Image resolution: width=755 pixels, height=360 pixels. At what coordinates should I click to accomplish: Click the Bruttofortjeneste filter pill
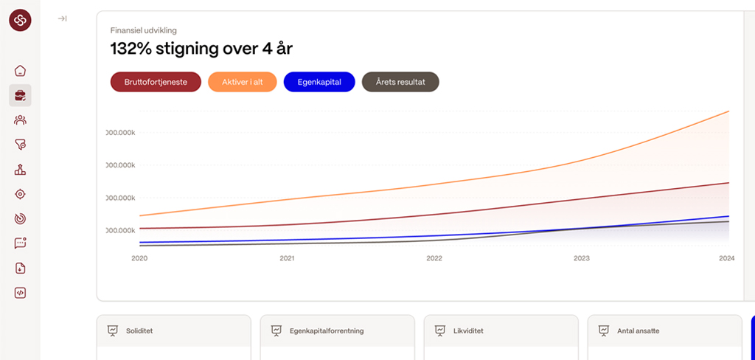pyautogui.click(x=156, y=82)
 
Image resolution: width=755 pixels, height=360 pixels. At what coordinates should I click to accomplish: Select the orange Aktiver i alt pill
pyautogui.click(x=243, y=82)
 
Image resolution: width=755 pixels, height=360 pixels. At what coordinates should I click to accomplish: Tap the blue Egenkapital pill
pyautogui.click(x=319, y=82)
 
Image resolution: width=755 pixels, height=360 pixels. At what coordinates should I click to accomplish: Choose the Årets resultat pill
pyautogui.click(x=400, y=82)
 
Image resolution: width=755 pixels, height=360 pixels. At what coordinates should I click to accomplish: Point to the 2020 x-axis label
pyautogui.click(x=139, y=258)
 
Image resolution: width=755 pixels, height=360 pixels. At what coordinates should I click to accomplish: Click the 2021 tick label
pyautogui.click(x=287, y=258)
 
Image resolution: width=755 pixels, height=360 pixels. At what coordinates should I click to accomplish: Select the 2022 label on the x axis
pyautogui.click(x=434, y=258)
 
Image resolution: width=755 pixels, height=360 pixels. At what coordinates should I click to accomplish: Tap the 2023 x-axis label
pyautogui.click(x=582, y=258)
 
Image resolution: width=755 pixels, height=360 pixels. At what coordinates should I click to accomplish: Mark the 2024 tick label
pyautogui.click(x=727, y=258)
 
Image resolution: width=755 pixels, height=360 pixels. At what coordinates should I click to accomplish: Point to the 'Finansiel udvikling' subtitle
pyautogui.click(x=143, y=30)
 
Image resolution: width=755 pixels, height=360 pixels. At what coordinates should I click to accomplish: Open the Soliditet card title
pyautogui.click(x=139, y=330)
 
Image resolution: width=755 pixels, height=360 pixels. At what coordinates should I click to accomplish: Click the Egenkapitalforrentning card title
pyautogui.click(x=327, y=330)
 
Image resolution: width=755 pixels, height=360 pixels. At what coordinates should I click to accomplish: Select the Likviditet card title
pyautogui.click(x=468, y=330)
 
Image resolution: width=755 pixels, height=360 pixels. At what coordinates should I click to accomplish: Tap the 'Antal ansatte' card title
pyautogui.click(x=638, y=330)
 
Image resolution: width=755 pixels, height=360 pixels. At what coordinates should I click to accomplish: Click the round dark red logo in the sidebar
pyautogui.click(x=20, y=20)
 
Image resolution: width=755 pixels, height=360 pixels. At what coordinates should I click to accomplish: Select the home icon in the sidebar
pyautogui.click(x=20, y=71)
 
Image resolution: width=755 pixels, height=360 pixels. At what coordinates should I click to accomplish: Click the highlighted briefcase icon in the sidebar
pyautogui.click(x=20, y=95)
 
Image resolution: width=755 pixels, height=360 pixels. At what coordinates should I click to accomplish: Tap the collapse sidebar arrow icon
pyautogui.click(x=63, y=18)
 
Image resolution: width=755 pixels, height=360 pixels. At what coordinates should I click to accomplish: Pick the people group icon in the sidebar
pyautogui.click(x=20, y=120)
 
